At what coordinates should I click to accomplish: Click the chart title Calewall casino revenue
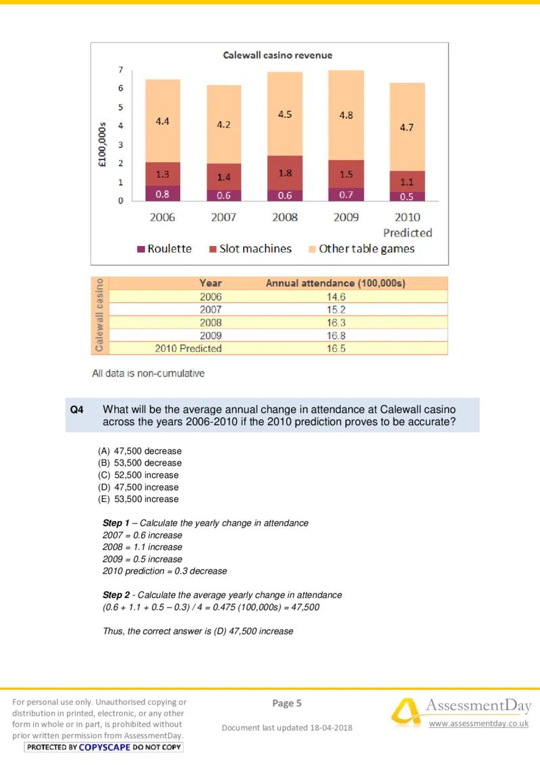(x=277, y=55)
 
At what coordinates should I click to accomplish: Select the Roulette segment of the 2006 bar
(x=163, y=193)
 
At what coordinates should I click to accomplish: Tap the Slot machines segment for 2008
(x=285, y=173)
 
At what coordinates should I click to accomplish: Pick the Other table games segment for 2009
(x=346, y=115)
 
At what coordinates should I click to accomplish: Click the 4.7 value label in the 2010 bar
(x=406, y=127)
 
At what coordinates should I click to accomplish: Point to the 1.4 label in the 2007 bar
(x=223, y=176)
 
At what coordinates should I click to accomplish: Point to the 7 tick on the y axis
(x=120, y=70)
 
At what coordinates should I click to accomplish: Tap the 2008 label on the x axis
(x=285, y=217)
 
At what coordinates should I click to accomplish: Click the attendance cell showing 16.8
(x=335, y=336)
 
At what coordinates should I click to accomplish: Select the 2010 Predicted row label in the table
(x=188, y=349)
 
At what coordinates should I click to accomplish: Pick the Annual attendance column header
(x=335, y=283)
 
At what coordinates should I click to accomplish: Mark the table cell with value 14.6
(x=335, y=297)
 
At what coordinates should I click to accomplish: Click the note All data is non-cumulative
(x=148, y=373)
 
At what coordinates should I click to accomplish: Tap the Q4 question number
(x=77, y=410)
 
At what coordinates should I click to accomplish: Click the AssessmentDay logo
(x=459, y=713)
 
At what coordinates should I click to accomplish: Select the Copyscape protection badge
(x=104, y=747)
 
